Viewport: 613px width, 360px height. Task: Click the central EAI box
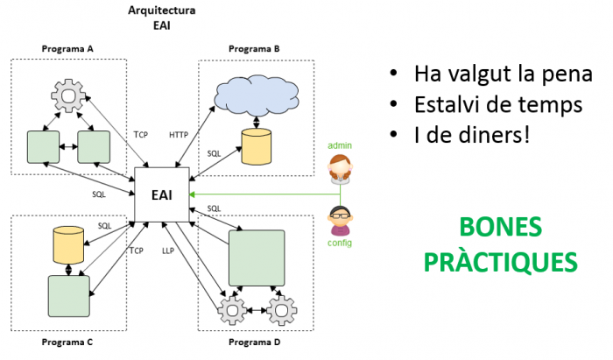[162, 194]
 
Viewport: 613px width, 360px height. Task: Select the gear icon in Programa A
[68, 95]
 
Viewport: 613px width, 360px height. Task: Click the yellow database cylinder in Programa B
[257, 146]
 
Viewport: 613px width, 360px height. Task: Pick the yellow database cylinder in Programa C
[68, 244]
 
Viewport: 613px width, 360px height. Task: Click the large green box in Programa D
[257, 258]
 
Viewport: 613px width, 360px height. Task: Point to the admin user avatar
[340, 169]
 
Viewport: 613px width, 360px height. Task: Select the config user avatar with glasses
[340, 221]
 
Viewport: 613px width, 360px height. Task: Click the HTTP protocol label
[179, 135]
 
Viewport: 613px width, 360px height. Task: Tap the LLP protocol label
[168, 251]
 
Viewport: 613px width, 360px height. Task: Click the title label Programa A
[67, 49]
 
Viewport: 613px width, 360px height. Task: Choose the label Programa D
[255, 342]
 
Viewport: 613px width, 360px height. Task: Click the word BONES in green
[500, 227]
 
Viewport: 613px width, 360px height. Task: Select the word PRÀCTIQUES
[501, 262]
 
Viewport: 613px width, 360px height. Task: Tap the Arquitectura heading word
[162, 11]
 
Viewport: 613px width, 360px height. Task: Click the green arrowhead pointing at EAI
[192, 194]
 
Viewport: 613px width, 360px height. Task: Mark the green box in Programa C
[69, 296]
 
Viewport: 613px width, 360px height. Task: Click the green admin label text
[340, 145]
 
